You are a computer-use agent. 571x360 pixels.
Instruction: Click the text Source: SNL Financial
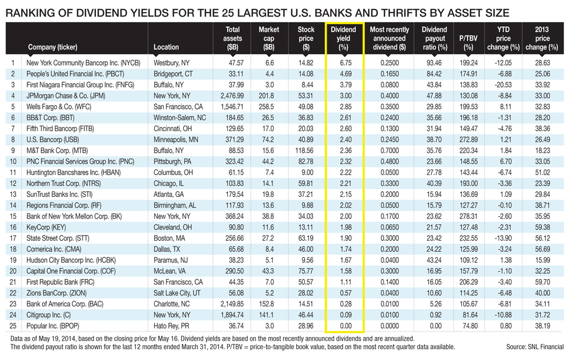(535, 347)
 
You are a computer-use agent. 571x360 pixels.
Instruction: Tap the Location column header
(166, 47)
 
